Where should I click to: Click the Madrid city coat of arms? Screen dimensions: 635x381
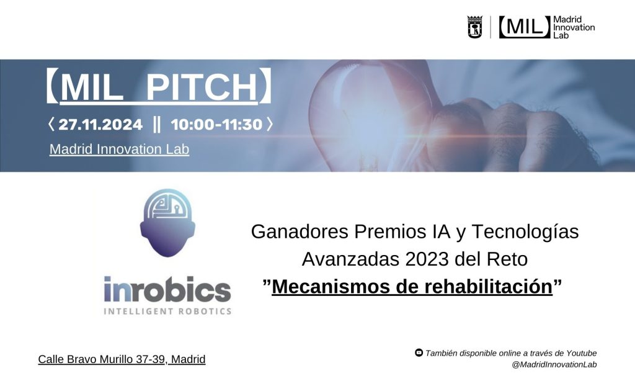[x=474, y=27]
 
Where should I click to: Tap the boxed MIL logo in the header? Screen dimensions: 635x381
[x=525, y=27]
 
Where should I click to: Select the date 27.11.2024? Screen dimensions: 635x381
[x=100, y=125]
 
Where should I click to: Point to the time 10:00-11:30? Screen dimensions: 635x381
[x=216, y=125]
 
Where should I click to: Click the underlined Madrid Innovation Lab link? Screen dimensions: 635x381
[x=119, y=149]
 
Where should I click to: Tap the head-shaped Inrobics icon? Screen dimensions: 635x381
[x=167, y=223]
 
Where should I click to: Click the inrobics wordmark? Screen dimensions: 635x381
[x=167, y=289]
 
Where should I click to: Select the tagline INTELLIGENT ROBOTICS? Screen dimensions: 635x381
[x=167, y=312]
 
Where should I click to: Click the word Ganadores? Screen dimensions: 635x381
[x=300, y=231]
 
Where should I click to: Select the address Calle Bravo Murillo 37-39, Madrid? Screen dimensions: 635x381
[x=122, y=359]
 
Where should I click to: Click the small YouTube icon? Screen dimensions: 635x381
[x=419, y=352]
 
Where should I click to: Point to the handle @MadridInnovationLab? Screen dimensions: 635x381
[x=554, y=364]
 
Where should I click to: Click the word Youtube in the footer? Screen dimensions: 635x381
[x=581, y=353]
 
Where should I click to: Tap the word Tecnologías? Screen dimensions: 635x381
[x=525, y=232]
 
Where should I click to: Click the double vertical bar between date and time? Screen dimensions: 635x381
[x=157, y=125]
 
